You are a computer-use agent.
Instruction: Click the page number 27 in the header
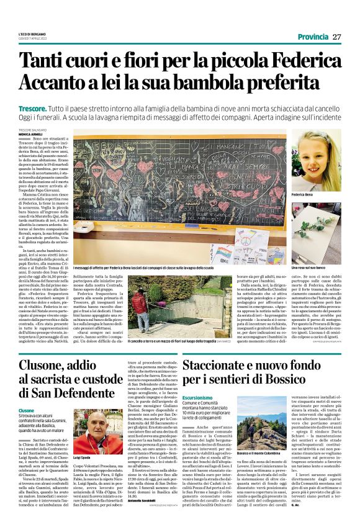tap(336, 37)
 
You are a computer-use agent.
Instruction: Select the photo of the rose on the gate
tap(316, 236)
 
